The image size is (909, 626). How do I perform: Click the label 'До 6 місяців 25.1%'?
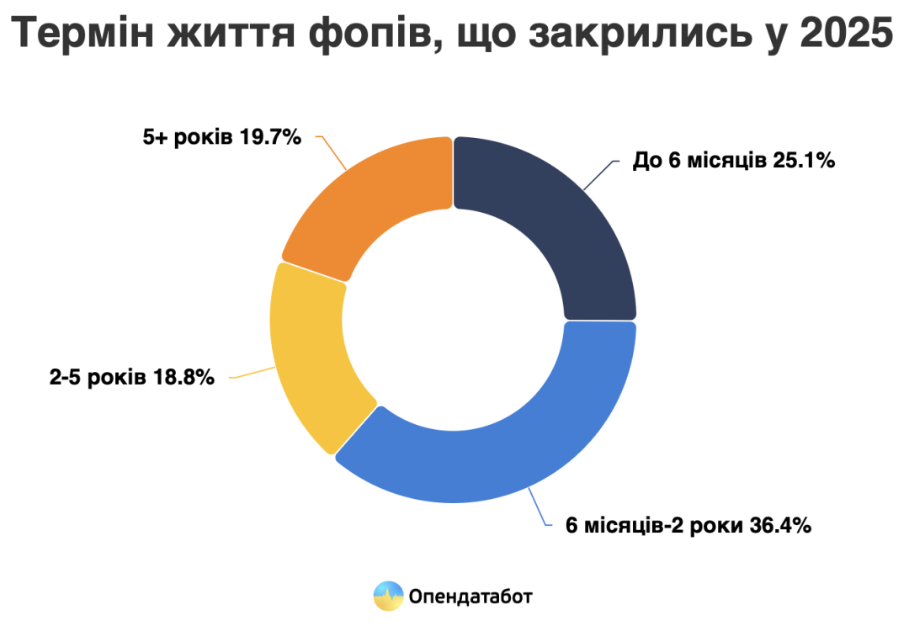coord(733,161)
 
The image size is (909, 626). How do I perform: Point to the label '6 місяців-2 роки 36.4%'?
coord(688,526)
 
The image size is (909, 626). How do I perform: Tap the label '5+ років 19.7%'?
coord(221,137)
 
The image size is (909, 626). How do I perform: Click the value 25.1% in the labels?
coord(803,161)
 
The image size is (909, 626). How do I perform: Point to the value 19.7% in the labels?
coord(270,137)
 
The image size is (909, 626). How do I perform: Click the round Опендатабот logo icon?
coord(388,597)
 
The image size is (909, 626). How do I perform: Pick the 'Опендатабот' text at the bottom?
coord(471,597)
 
